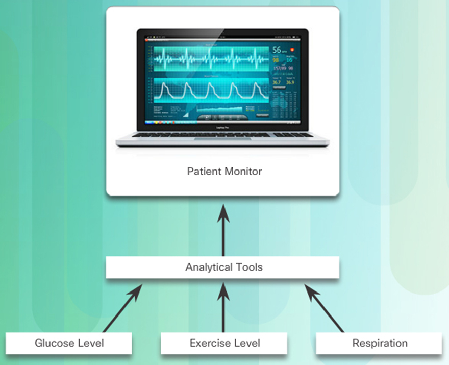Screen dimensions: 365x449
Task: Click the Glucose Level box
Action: pos(68,343)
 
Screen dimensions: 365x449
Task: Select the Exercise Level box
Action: pos(224,343)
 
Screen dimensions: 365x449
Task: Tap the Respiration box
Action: pos(379,343)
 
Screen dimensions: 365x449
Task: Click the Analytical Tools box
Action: pos(222,267)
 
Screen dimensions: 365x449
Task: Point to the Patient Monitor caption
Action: pos(224,171)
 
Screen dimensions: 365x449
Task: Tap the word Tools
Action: pos(249,267)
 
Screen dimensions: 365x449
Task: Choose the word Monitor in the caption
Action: pos(243,171)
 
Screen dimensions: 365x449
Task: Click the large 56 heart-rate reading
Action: pos(277,50)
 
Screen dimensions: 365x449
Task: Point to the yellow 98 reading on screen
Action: pos(276,60)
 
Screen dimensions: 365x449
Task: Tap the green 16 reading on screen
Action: pos(289,60)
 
